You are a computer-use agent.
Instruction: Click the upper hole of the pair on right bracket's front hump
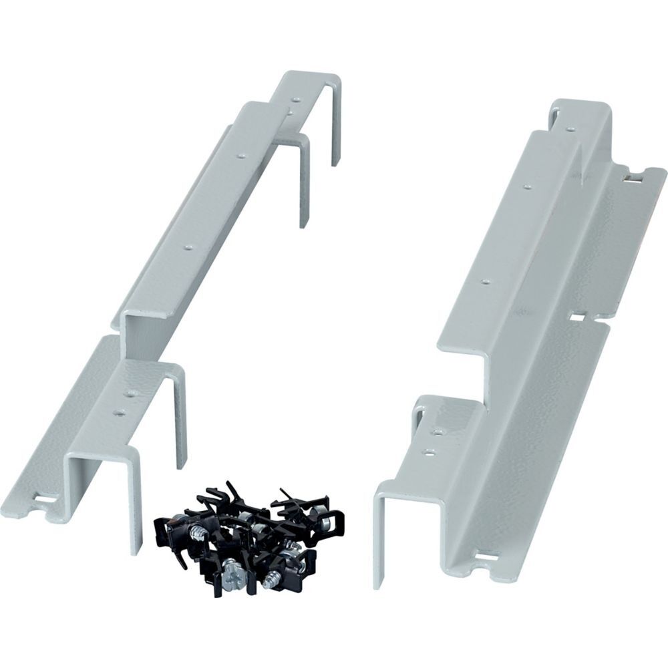click(438, 432)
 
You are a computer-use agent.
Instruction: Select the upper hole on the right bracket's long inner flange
click(526, 186)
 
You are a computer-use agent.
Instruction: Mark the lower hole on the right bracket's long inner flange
click(485, 281)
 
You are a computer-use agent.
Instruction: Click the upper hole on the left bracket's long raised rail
click(241, 156)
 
